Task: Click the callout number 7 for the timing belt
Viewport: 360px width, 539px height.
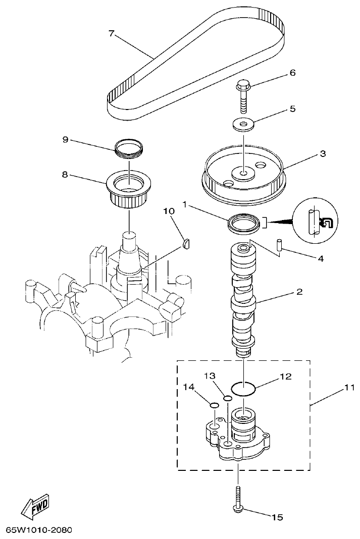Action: (112, 33)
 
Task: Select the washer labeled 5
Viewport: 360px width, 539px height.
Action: (244, 124)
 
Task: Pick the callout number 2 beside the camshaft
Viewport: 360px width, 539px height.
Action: (299, 292)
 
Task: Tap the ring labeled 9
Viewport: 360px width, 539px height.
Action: (130, 148)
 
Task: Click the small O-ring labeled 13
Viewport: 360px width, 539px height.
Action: (228, 398)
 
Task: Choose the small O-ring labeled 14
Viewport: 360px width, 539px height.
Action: (214, 404)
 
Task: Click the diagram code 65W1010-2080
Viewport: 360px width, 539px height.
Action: (39, 530)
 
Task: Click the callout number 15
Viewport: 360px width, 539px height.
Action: (277, 517)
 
